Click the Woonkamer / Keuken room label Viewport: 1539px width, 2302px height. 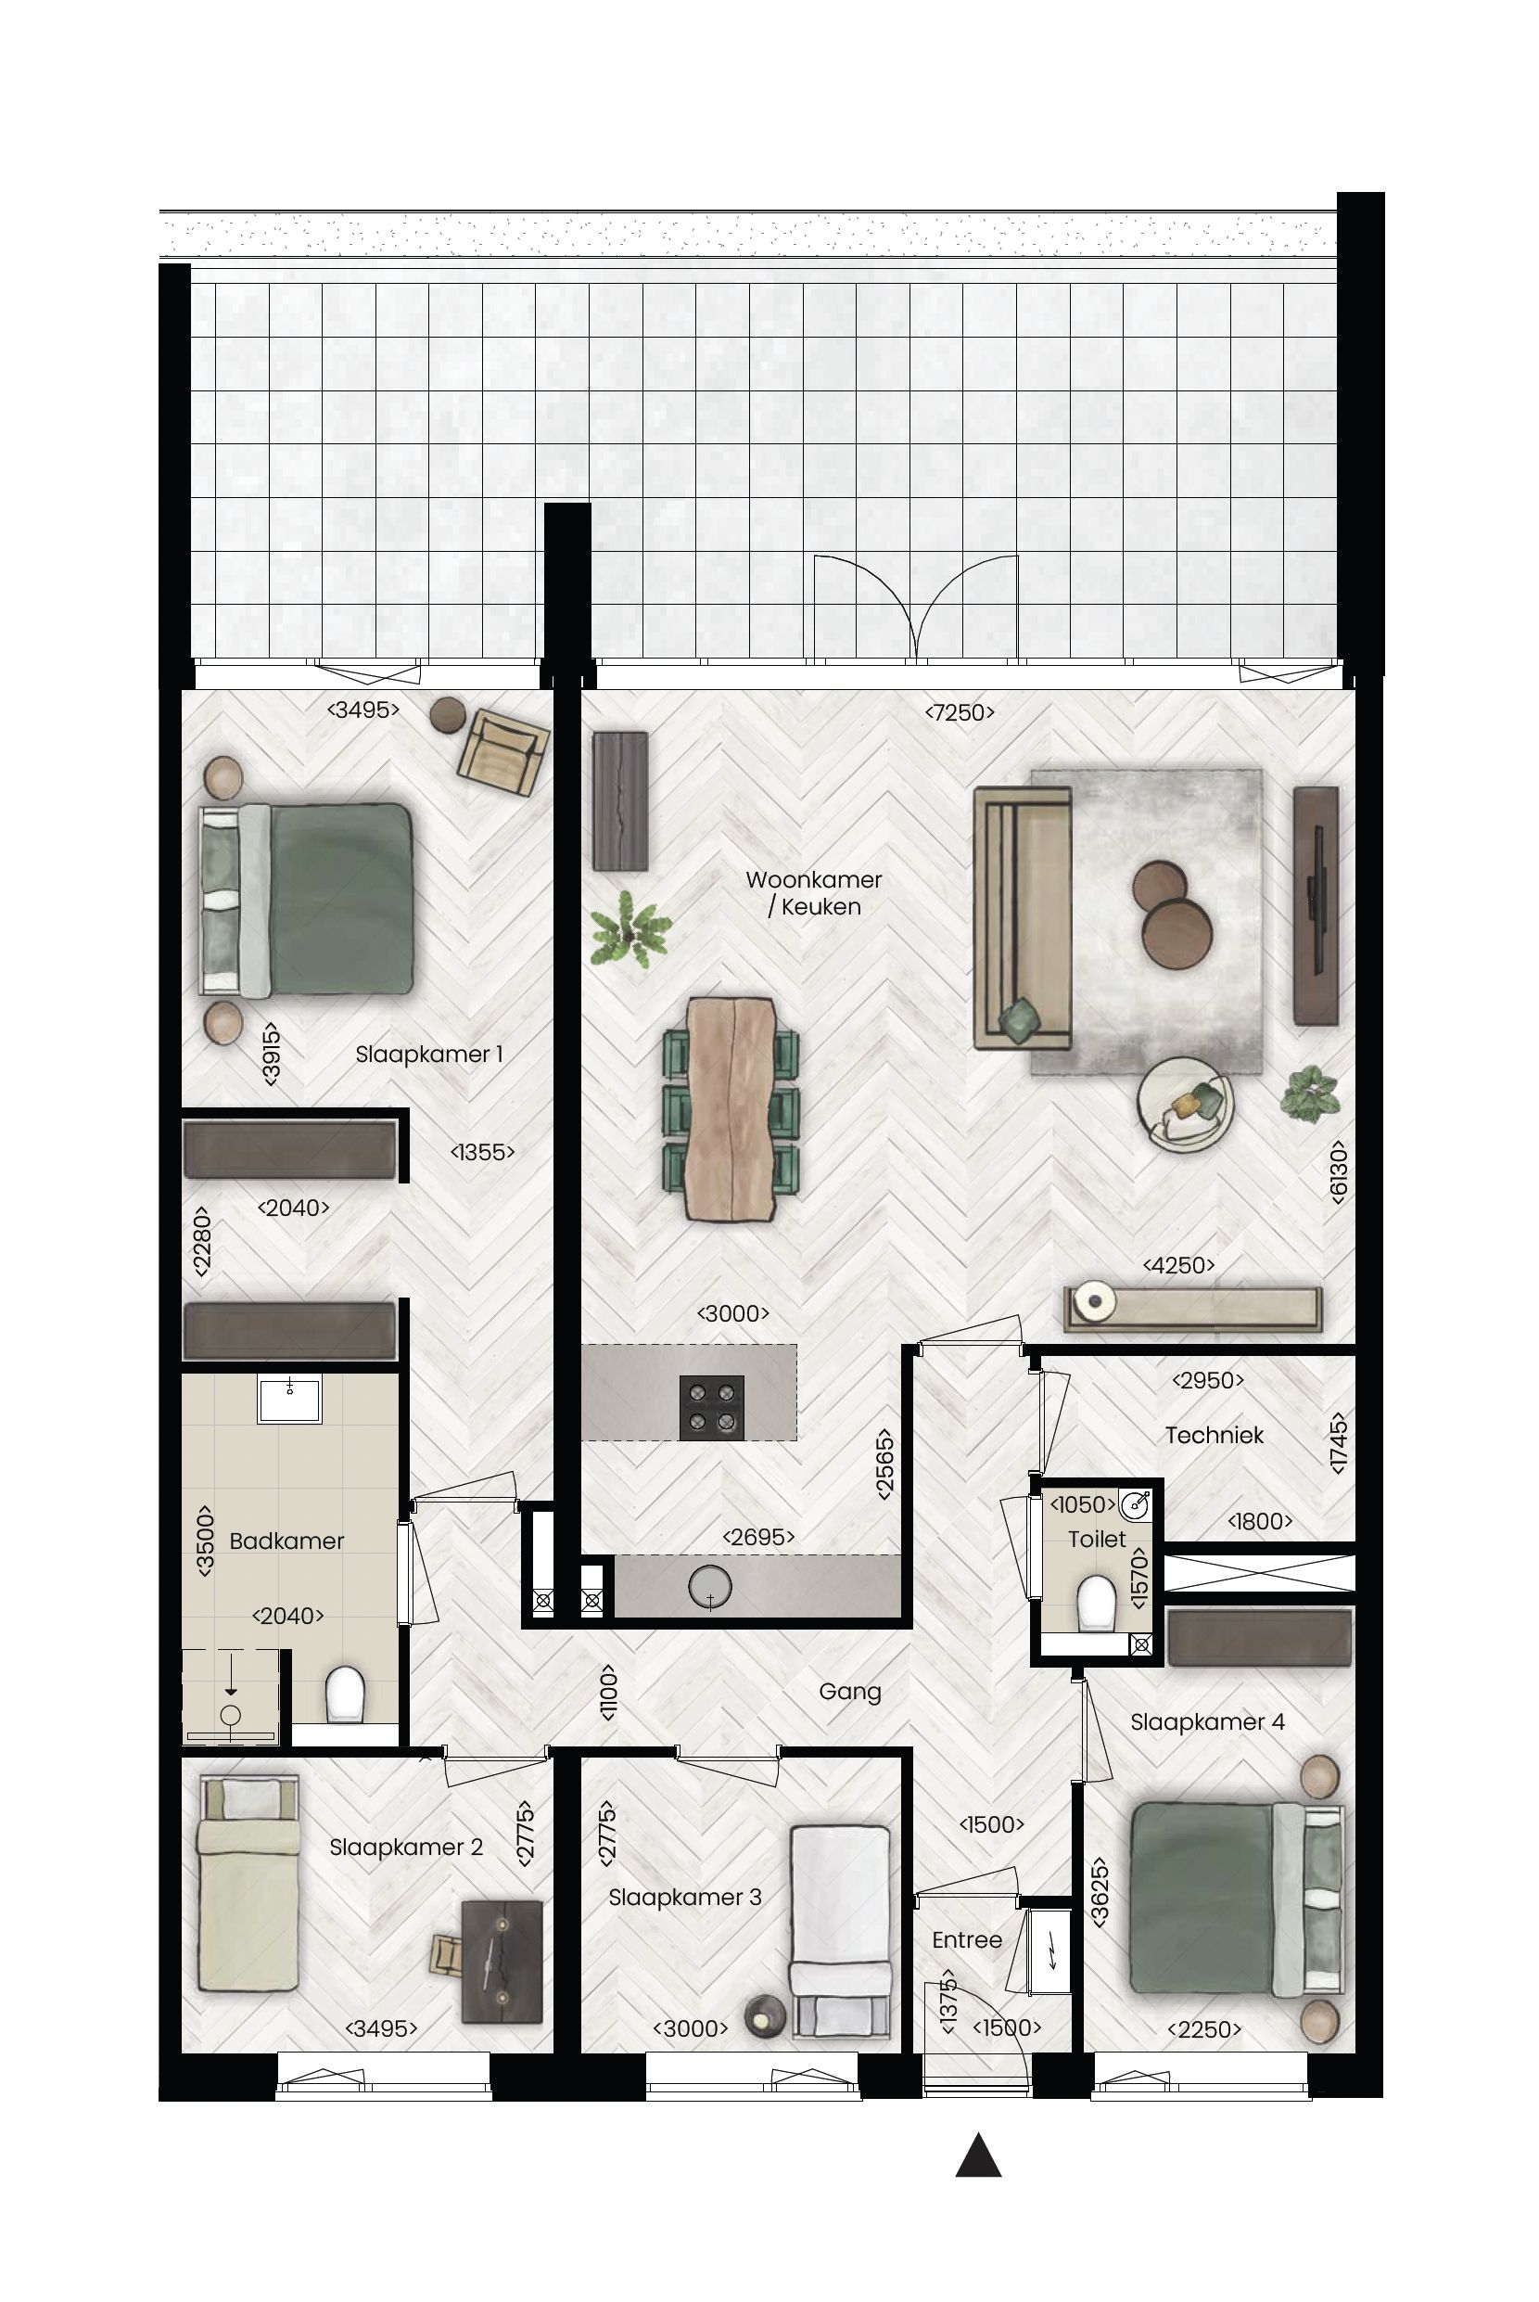coord(813,892)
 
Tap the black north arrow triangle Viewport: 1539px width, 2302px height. coord(977,2156)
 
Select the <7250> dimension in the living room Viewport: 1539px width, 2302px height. coord(959,712)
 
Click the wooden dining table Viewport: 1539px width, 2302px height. coord(731,1108)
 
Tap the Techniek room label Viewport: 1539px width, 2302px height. coord(1215,1435)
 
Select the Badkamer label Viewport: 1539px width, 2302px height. coord(286,1541)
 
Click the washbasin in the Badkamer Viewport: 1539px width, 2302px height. coord(289,1399)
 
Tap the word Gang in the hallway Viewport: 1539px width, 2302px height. coord(850,1691)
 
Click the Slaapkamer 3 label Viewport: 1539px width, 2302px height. coord(684,1897)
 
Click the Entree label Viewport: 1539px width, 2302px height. coord(967,1939)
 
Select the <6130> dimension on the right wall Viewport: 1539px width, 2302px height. coord(1338,1170)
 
